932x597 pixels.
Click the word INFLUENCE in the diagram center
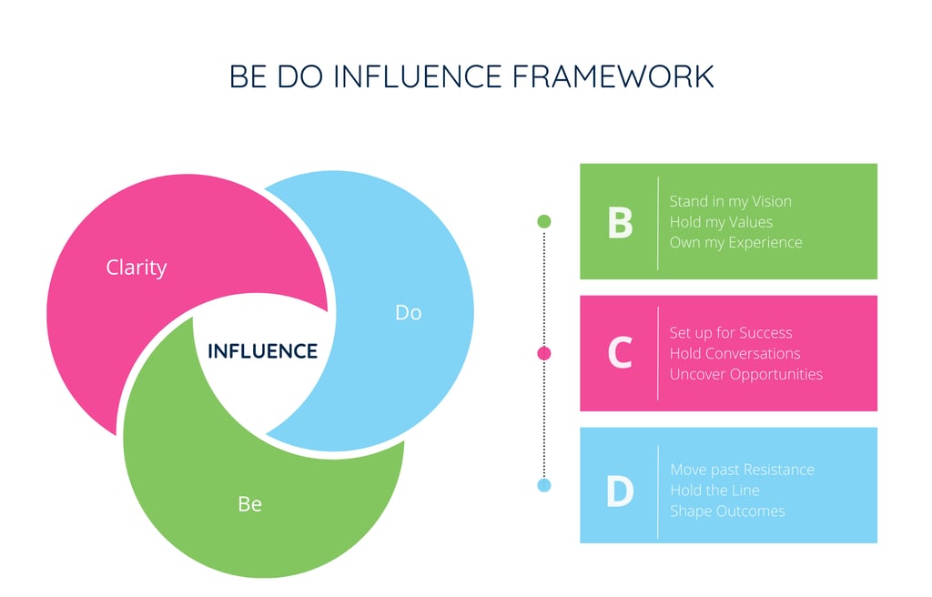pos(263,351)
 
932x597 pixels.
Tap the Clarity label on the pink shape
pos(137,268)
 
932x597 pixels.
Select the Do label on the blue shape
pos(409,312)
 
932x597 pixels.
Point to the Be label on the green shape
pos(249,503)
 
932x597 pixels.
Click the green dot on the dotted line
pos(544,221)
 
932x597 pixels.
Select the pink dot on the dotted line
pos(544,353)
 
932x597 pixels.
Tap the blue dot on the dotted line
pos(544,485)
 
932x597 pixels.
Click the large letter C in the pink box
pos(620,354)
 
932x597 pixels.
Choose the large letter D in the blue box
pos(620,491)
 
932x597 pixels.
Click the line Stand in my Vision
pos(731,201)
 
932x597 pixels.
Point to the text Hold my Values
pos(721,222)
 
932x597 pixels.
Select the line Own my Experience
pos(736,243)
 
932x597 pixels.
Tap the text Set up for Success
pos(731,333)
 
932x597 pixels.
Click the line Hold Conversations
pos(735,354)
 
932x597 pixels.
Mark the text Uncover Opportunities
pos(746,375)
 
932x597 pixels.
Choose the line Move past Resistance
pos(743,471)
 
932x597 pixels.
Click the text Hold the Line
pos(714,491)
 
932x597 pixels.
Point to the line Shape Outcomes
pos(727,511)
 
